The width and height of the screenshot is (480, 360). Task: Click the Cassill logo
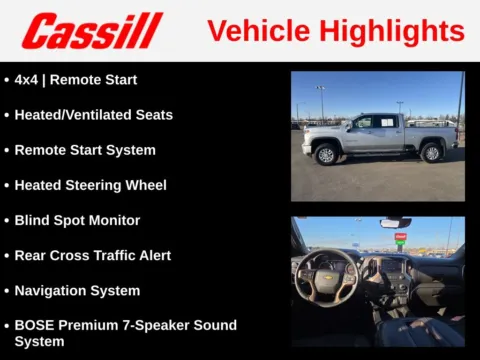point(92,31)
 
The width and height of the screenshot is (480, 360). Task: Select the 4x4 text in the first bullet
point(25,80)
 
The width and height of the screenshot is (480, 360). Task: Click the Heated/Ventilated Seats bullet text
point(93,115)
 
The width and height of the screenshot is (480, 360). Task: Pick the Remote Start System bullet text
point(85,150)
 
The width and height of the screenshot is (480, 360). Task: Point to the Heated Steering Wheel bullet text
point(90,185)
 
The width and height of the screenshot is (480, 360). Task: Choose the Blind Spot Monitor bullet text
point(77,220)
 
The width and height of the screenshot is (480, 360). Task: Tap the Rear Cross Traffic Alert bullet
point(92,255)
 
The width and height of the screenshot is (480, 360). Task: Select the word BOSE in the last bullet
point(34,326)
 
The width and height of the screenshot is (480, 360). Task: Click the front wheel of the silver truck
point(326,154)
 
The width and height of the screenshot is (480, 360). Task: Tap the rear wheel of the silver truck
point(431,153)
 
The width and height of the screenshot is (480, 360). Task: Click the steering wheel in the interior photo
point(326,275)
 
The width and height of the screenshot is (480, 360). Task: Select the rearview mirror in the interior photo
point(395,223)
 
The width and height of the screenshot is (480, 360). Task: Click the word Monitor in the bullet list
point(112,220)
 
